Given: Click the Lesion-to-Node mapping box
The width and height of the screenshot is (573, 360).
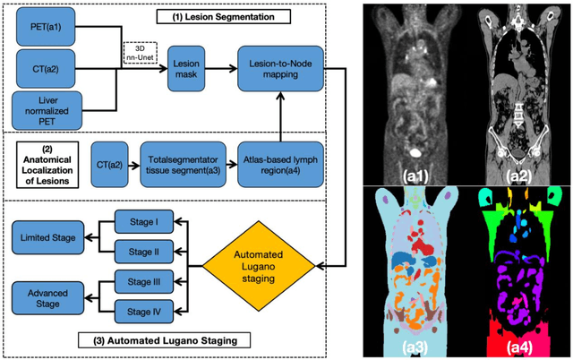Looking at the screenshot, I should pos(279,71).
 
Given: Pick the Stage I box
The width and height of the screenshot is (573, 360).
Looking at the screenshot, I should pos(140,221).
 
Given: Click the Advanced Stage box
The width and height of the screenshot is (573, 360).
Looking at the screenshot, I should pos(50,295).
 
